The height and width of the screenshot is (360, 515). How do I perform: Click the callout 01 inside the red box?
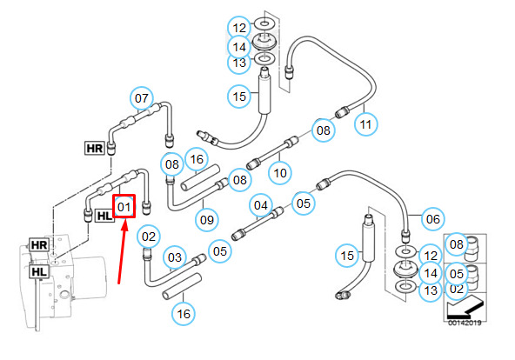coord(124,207)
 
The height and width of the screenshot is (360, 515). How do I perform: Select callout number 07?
coord(142,98)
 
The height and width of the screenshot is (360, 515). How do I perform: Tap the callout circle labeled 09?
coord(207,220)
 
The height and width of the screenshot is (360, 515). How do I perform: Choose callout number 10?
coord(280,173)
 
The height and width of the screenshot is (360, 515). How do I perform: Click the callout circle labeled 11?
coord(366,124)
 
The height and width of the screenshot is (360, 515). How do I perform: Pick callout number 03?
coord(174,257)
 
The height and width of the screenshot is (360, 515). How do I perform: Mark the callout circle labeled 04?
coord(261,205)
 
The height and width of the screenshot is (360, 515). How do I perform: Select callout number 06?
coord(433,219)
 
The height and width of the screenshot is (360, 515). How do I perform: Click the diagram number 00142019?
coord(465,323)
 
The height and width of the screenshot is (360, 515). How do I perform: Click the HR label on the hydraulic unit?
coord(39,245)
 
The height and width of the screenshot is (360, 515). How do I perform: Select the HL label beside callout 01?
coord(104,216)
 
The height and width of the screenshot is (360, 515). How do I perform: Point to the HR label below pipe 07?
coord(95,149)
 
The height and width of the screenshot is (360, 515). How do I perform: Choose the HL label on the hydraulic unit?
coord(39,271)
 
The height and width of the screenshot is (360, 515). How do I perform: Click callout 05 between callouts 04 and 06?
coord(303,203)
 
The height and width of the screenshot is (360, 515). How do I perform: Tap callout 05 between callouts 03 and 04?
coord(220,251)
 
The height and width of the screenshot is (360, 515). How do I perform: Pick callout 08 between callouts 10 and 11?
coord(324,130)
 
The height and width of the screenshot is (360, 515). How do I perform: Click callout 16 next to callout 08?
coord(197,159)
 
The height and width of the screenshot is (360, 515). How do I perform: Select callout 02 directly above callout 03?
coord(149,237)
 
